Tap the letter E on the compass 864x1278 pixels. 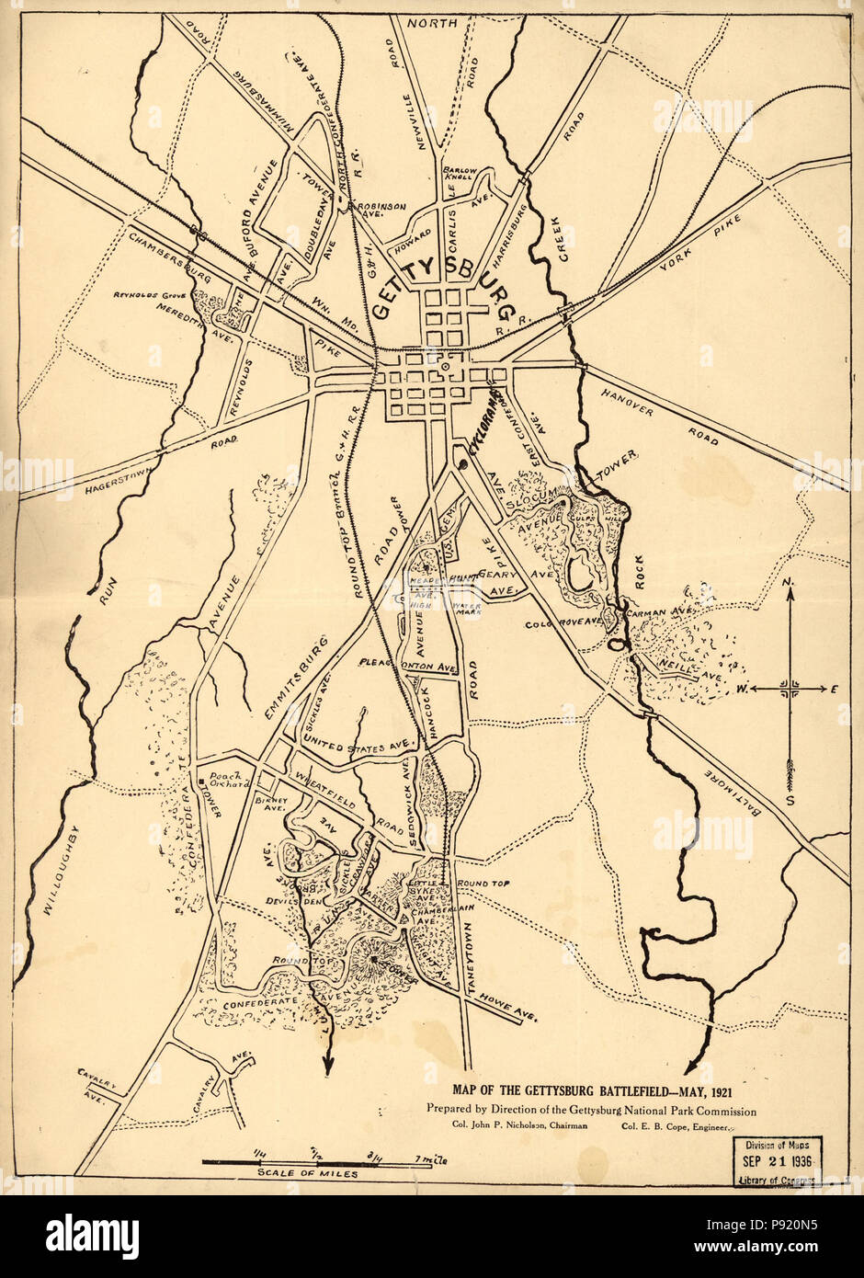(x=834, y=688)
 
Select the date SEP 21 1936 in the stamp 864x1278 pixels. (x=777, y=1161)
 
